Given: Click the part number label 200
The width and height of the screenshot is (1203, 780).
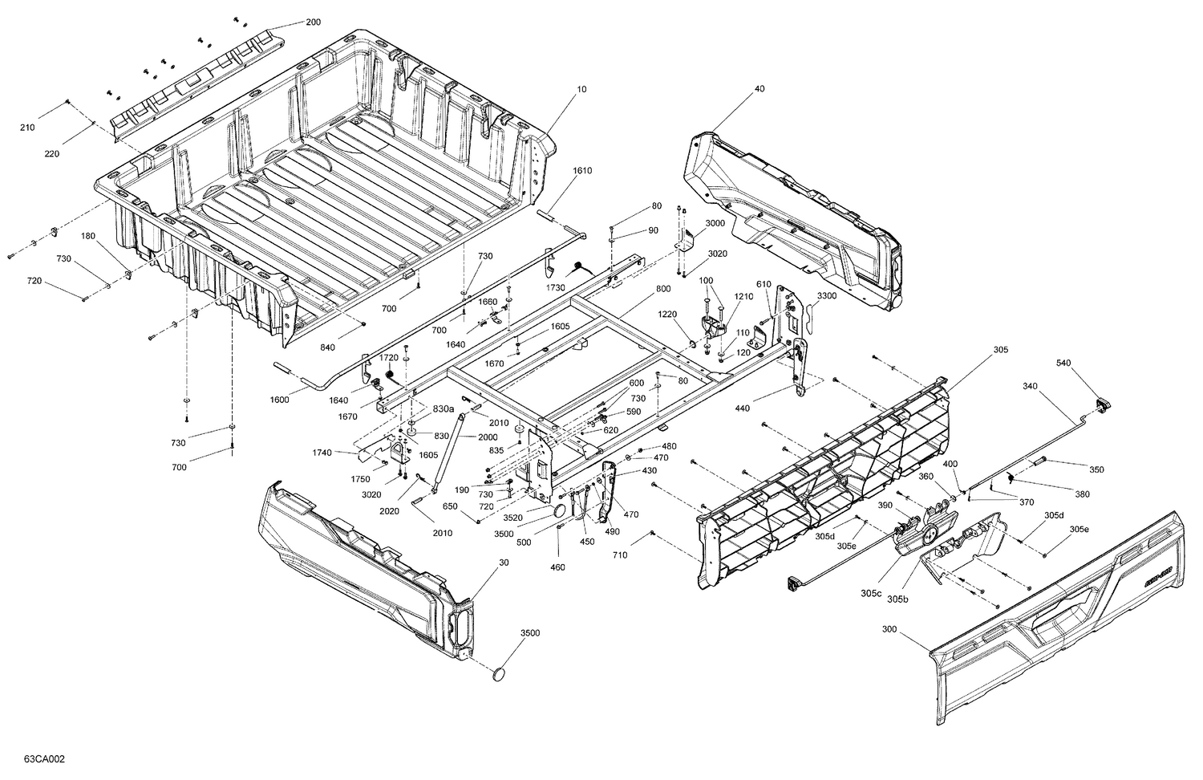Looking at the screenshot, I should (x=313, y=22).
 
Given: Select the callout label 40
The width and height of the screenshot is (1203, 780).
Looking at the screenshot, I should (x=759, y=91).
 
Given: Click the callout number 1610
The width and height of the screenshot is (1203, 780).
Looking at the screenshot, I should (x=582, y=171).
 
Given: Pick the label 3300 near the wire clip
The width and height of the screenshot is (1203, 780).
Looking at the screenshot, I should (x=827, y=296).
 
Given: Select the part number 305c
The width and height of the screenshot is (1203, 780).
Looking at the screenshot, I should (x=873, y=593).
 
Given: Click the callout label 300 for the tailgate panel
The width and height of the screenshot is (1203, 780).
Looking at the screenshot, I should (x=889, y=630).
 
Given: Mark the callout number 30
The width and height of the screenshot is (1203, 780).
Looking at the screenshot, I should (x=504, y=563).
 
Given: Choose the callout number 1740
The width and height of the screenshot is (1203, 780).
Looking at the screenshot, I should (x=322, y=453).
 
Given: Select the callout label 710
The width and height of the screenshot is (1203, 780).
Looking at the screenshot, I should (x=620, y=555).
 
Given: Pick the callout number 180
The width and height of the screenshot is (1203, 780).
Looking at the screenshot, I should (x=87, y=236).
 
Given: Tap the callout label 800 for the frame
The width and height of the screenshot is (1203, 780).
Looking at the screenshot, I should (x=663, y=289).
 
